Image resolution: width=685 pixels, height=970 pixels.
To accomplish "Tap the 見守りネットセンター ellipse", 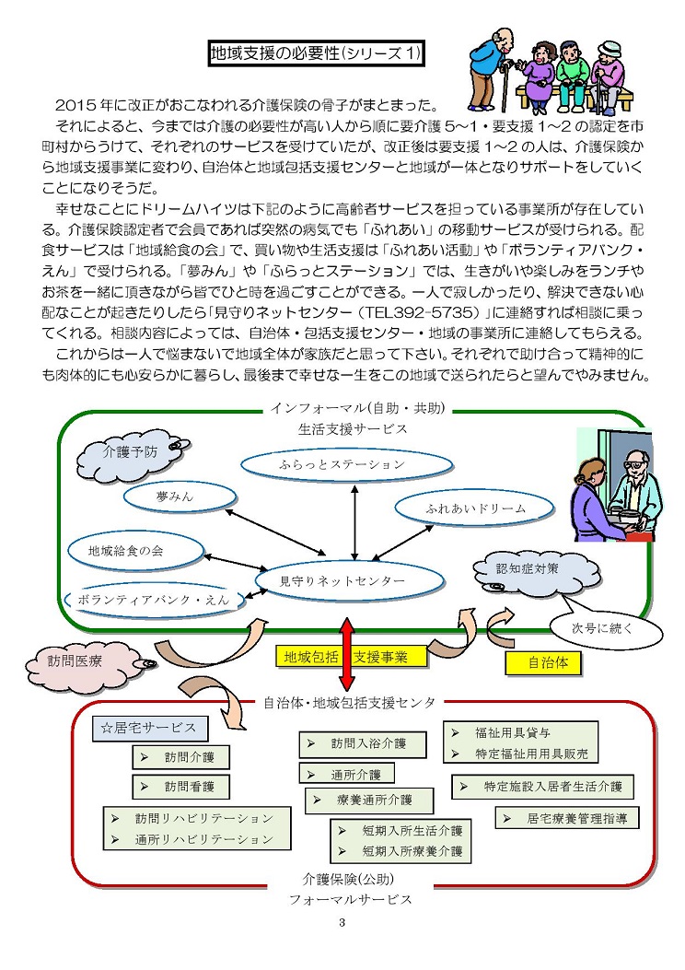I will pyautogui.click(x=342, y=581).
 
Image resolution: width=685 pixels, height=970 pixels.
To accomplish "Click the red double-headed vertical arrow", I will pyautogui.click(x=346, y=655).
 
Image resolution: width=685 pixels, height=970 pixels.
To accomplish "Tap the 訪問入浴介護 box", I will pyautogui.click(x=352, y=742).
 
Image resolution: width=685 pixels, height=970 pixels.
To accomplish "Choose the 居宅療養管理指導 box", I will pyautogui.click(x=567, y=817).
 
